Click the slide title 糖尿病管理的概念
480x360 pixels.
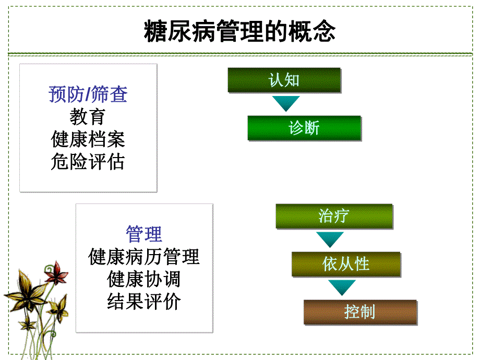[239, 32]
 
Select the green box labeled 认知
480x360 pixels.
[284, 80]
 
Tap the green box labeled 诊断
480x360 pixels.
[304, 128]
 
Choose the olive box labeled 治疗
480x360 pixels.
[334, 216]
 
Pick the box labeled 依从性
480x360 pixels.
[346, 264]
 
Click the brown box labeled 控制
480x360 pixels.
[360, 312]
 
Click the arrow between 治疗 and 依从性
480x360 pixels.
[330, 239]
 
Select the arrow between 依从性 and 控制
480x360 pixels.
[342, 287]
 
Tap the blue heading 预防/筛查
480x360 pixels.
[88, 94]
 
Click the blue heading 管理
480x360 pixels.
[144, 234]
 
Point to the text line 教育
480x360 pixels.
[88, 116]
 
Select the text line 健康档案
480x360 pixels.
[88, 139]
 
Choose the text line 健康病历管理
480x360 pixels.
[144, 257]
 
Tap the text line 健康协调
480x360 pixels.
[144, 279]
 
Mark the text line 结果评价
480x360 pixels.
[144, 302]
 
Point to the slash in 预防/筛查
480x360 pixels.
[89, 94]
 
